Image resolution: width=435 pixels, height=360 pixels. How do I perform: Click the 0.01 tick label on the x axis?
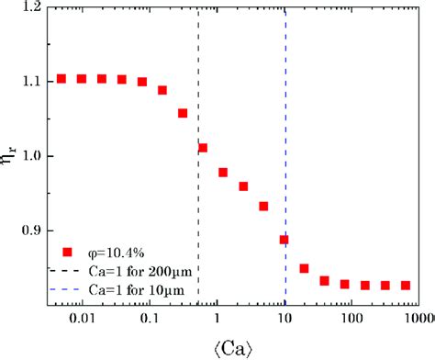point(82,319)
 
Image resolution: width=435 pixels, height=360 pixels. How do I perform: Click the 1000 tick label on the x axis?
point(418,319)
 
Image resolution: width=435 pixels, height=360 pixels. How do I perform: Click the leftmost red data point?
point(61,79)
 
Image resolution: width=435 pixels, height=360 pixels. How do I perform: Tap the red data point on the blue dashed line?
point(284,240)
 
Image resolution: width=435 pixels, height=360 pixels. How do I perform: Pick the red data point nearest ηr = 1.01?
point(203,148)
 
